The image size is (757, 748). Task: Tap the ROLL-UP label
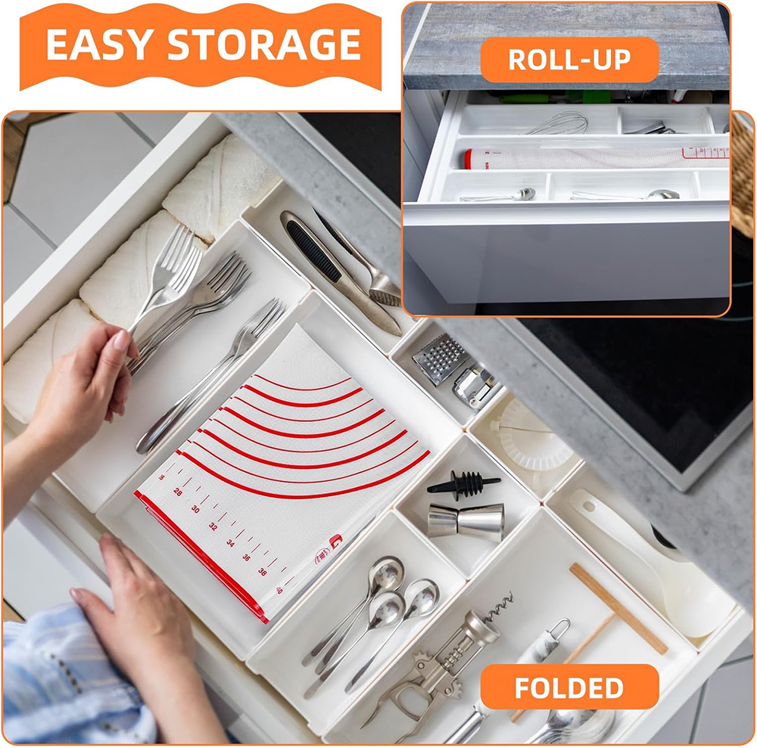pyautogui.click(x=569, y=60)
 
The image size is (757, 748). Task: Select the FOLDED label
pyautogui.click(x=569, y=687)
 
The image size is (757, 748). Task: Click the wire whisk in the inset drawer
pyautogui.click(x=560, y=124)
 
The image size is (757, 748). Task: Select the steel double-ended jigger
pyautogui.click(x=466, y=521)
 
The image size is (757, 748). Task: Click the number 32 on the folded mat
pyautogui.click(x=213, y=526)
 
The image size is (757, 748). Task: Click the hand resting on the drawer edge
pyautogui.click(x=136, y=605)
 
